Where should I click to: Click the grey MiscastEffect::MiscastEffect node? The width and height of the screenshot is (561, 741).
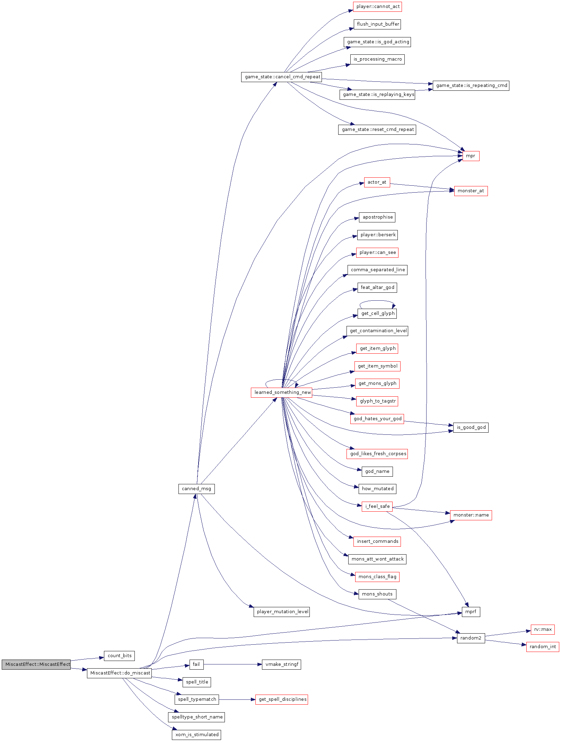click(36, 664)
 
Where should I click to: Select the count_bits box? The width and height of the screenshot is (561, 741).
click(119, 655)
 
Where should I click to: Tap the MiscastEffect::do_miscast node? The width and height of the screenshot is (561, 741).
click(119, 673)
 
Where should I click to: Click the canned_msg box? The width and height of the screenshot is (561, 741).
click(196, 488)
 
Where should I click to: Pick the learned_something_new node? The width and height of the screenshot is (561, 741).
click(281, 392)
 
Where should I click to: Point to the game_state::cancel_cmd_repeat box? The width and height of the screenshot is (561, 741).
click(281, 77)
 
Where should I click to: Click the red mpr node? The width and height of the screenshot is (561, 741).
click(471, 156)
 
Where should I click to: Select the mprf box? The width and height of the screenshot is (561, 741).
click(471, 611)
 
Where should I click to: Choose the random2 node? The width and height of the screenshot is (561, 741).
click(471, 638)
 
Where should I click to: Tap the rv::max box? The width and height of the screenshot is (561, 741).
click(543, 629)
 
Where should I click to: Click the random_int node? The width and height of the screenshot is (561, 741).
click(542, 646)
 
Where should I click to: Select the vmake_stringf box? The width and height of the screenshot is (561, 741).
click(281, 664)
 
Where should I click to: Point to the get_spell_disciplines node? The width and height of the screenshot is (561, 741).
click(281, 699)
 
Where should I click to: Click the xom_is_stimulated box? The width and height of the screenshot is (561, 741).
click(196, 734)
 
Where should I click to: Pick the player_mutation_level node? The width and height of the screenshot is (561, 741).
click(281, 611)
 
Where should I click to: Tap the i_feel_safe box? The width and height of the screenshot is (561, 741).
click(377, 506)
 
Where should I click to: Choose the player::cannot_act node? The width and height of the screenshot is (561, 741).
click(377, 6)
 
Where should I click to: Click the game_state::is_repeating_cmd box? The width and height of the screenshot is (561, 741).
click(471, 85)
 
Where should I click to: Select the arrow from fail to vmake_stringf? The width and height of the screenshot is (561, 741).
click(232, 664)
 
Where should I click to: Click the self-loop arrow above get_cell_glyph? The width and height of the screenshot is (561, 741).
click(377, 301)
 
